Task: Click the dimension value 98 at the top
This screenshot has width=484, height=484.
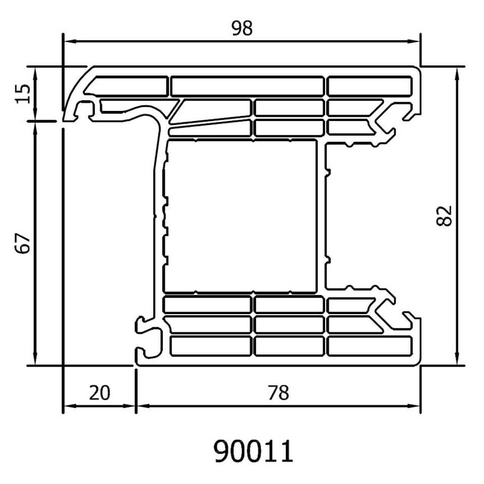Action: pyautogui.click(x=242, y=28)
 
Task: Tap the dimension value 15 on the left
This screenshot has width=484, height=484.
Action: pyautogui.click(x=24, y=94)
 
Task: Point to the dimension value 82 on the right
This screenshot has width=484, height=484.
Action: pyautogui.click(x=444, y=216)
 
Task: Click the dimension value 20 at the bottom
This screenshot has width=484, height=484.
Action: pyautogui.click(x=99, y=393)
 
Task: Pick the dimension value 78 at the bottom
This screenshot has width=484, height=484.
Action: pyautogui.click(x=278, y=393)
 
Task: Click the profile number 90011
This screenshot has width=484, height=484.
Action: pyautogui.click(x=253, y=451)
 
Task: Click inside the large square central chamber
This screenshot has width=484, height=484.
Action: pyautogui.click(x=241, y=216)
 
